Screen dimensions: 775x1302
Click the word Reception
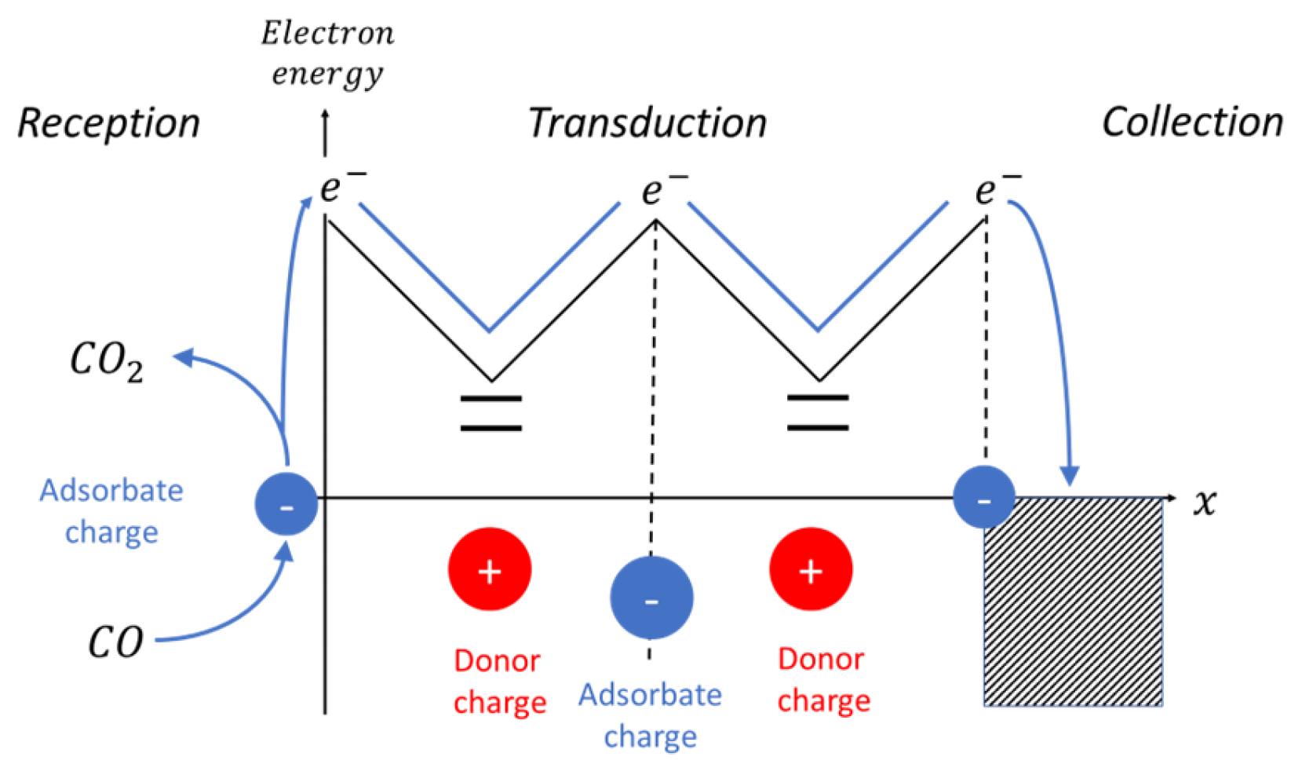[x=108, y=124]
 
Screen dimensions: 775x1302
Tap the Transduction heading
[x=647, y=123]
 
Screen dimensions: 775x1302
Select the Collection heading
[x=1192, y=122]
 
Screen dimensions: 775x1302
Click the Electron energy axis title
[x=327, y=53]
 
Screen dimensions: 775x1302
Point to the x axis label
[x=1205, y=501]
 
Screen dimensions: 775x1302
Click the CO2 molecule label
[x=107, y=362]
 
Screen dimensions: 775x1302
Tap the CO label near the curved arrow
[x=115, y=642]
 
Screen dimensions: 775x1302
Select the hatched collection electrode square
[x=1073, y=602]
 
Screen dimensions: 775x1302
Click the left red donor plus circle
[x=489, y=569]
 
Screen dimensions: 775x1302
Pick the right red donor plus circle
[x=811, y=569]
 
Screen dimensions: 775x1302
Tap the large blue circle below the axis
[x=651, y=598]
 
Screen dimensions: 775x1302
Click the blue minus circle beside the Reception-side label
[x=286, y=504]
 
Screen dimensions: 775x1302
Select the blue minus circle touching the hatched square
[x=984, y=498]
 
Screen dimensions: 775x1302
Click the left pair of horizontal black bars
[x=491, y=414]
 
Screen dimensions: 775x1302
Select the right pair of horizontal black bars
[x=818, y=413]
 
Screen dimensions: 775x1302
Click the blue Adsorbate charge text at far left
[x=111, y=511]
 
